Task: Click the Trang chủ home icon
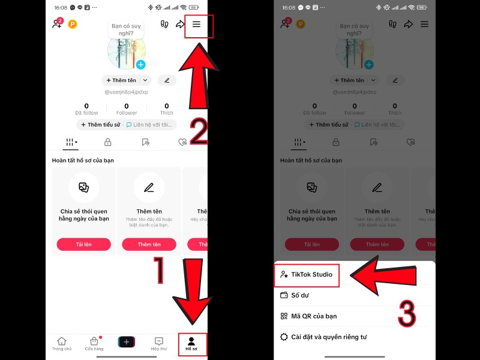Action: point(61,343)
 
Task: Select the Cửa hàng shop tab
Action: point(94,343)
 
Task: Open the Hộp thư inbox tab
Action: point(159,343)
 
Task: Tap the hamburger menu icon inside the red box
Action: point(197,25)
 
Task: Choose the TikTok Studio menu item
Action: point(307,275)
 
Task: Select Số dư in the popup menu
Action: point(300,295)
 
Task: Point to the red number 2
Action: point(199,131)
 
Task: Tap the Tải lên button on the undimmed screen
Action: point(84,244)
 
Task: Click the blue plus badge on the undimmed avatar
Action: point(140,65)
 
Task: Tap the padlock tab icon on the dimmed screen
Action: point(336,142)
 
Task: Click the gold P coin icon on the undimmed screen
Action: point(73,25)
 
